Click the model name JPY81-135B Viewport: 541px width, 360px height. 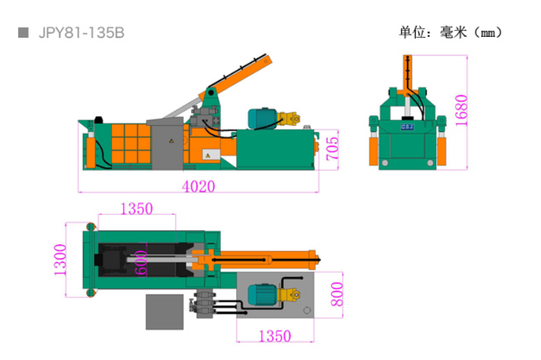82,33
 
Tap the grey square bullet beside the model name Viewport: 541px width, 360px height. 24,33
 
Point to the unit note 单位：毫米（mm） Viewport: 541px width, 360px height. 450,33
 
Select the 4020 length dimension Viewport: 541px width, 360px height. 199,187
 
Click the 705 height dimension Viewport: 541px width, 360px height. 333,149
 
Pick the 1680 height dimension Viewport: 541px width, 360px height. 462,110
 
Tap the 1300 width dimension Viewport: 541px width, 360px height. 60,260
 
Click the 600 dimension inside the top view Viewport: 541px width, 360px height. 141,263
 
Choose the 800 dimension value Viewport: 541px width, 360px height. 337,294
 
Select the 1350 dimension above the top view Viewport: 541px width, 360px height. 137,209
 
